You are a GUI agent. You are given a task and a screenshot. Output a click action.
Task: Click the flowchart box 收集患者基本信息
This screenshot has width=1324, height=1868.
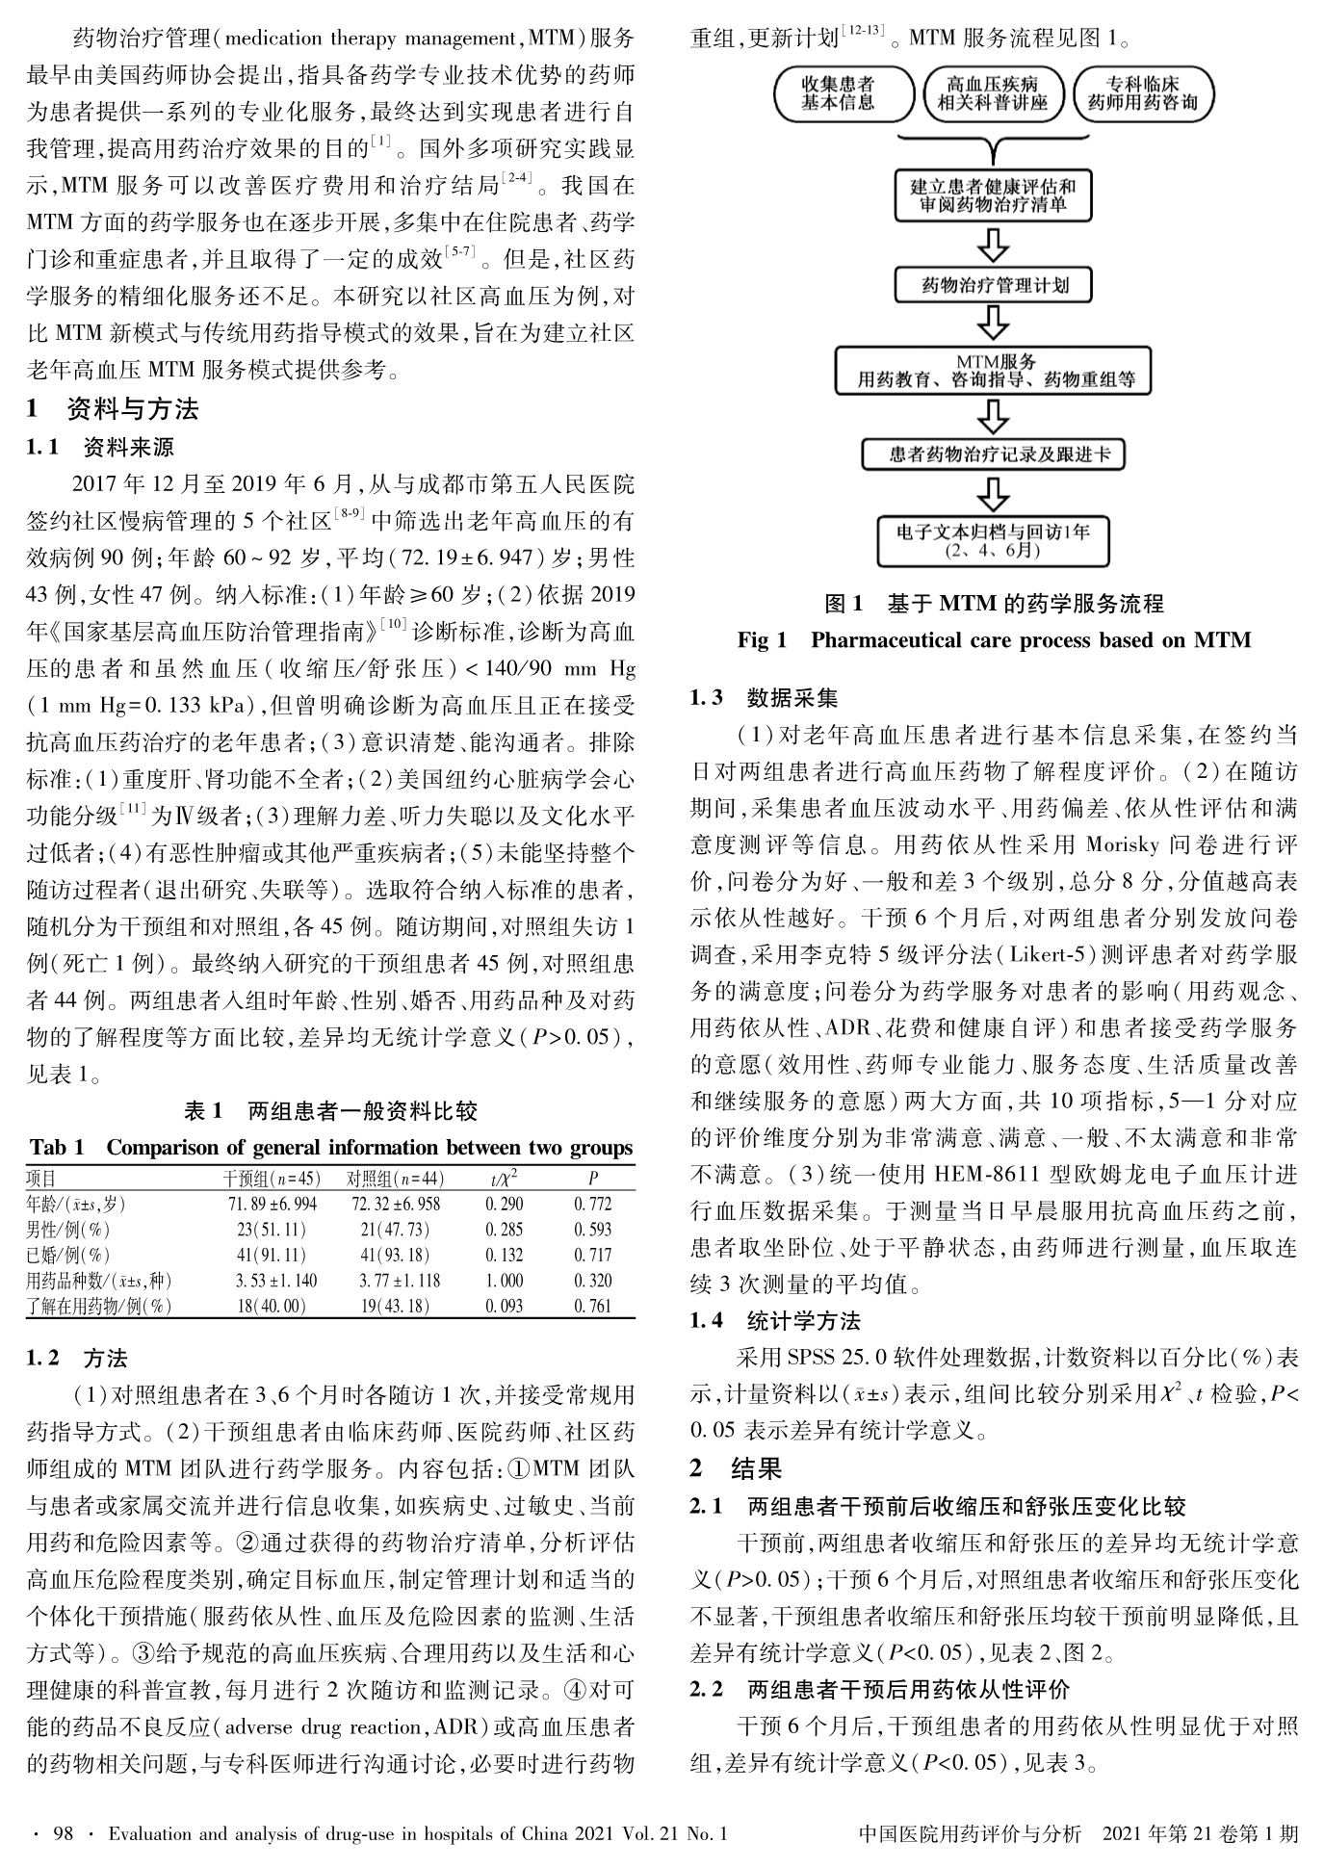click(838, 93)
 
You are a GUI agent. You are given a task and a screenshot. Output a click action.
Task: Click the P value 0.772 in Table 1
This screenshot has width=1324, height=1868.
click(592, 1204)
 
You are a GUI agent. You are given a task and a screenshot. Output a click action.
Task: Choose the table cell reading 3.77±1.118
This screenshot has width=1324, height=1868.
click(400, 1281)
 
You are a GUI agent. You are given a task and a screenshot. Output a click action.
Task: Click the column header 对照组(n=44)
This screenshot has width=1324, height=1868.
click(396, 1179)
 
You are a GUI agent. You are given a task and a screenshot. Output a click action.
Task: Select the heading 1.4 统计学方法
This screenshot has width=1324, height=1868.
click(774, 1320)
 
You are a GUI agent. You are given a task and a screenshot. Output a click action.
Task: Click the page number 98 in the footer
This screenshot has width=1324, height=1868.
click(63, 1834)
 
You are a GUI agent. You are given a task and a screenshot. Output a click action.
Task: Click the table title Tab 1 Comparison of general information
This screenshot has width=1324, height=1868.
click(331, 1148)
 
